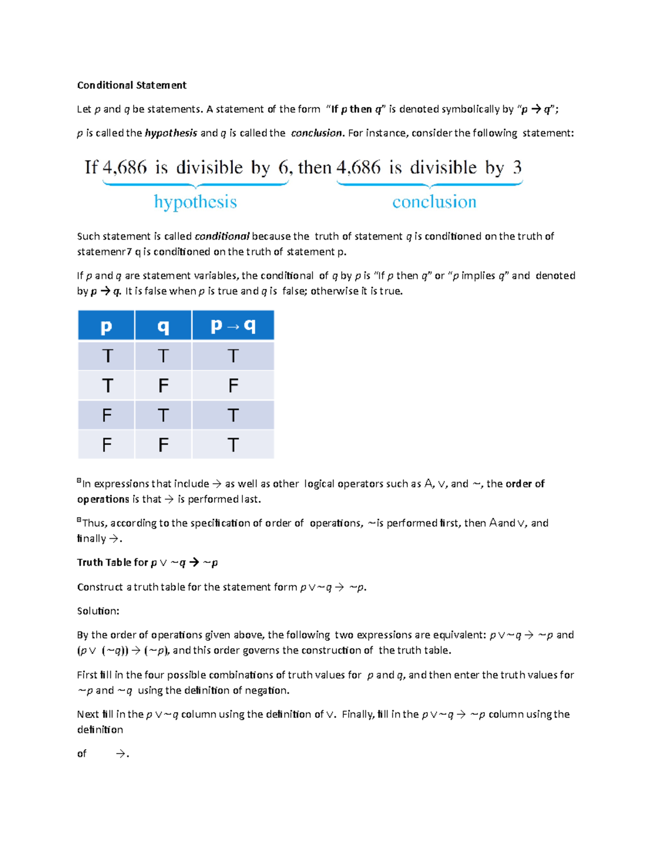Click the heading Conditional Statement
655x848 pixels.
tap(132, 85)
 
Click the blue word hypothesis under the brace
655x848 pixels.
tap(195, 202)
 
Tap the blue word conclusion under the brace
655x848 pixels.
tap(434, 202)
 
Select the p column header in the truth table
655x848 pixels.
tap(106, 326)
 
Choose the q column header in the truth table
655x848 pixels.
tap(163, 326)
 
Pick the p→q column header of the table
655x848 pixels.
tap(233, 326)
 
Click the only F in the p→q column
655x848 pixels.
tap(233, 386)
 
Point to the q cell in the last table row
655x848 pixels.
tap(163, 445)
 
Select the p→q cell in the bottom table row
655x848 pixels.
tap(233, 445)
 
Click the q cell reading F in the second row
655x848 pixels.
tap(163, 386)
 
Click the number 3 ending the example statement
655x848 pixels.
tap(517, 168)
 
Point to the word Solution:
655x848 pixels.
tap(98, 611)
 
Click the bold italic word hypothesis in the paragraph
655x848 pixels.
tap(171, 133)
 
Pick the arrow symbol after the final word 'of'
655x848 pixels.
tap(121, 754)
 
